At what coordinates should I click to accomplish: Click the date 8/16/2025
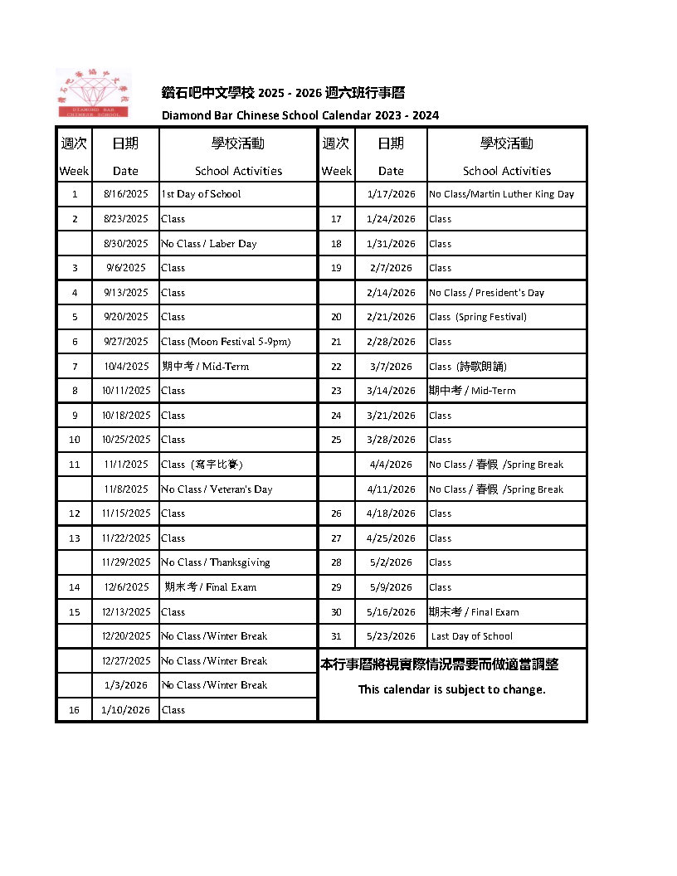[x=126, y=194]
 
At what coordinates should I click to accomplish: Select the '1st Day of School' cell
[x=201, y=194]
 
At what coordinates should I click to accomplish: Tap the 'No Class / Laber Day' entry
[x=209, y=244]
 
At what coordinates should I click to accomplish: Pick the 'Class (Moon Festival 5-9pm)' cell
[x=226, y=342]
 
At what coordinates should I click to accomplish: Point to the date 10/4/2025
[x=126, y=367]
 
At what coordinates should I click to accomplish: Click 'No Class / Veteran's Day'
[x=217, y=489]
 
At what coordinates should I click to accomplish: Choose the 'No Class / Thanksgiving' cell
[x=216, y=562]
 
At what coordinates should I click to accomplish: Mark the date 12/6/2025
[x=126, y=587]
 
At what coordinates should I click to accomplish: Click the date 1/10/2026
[x=126, y=710]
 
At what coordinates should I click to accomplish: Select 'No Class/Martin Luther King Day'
[x=501, y=194]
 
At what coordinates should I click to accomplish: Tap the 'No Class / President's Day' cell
[x=486, y=293]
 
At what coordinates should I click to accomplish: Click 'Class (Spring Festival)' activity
[x=478, y=317]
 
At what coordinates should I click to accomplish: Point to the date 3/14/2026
[x=391, y=391]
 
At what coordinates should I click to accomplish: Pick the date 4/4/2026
[x=391, y=465]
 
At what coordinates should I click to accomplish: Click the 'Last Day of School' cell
[x=472, y=636]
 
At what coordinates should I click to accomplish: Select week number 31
[x=336, y=636]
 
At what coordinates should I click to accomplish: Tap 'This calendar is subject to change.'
[x=452, y=689]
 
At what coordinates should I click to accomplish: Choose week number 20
[x=336, y=317]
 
